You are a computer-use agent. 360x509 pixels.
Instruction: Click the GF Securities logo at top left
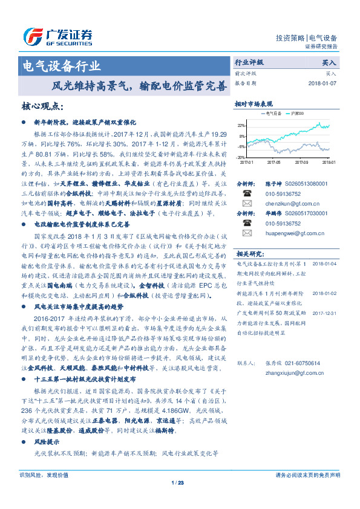(58, 36)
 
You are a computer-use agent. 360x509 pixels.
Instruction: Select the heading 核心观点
(42, 106)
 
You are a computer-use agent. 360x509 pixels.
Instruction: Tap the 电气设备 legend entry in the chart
(272, 113)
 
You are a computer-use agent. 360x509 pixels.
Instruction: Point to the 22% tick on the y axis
(241, 125)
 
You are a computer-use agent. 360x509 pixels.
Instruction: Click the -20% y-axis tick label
(241, 157)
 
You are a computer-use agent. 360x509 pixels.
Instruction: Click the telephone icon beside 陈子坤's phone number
(247, 193)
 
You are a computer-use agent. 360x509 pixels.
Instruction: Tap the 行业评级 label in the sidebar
(249, 62)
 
